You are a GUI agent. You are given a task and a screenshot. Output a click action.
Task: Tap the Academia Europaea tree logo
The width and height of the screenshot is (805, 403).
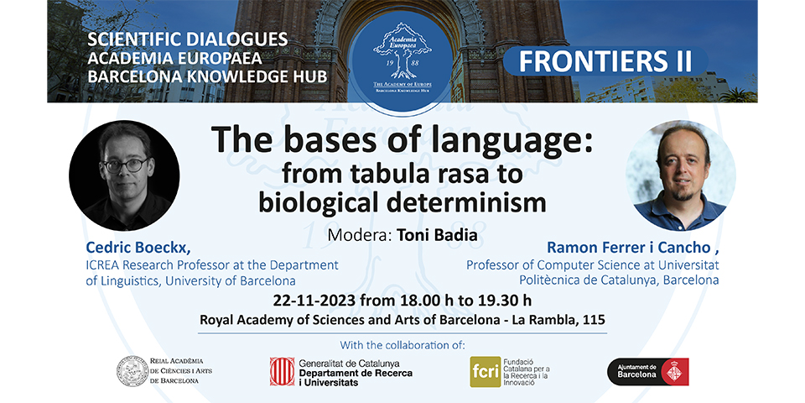402,52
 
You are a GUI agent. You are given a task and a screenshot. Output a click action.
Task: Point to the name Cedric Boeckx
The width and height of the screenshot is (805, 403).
138,248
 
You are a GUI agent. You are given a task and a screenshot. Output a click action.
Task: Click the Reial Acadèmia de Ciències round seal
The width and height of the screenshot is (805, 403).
132,370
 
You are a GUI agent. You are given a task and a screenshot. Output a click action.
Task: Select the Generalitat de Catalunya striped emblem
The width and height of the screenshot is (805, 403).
282,371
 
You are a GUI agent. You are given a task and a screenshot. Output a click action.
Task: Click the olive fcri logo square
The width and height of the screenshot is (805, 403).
484,371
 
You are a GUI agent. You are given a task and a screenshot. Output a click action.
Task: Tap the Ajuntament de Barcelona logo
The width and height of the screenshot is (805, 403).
648,371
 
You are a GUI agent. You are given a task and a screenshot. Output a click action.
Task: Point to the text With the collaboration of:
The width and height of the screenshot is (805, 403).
402,345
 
